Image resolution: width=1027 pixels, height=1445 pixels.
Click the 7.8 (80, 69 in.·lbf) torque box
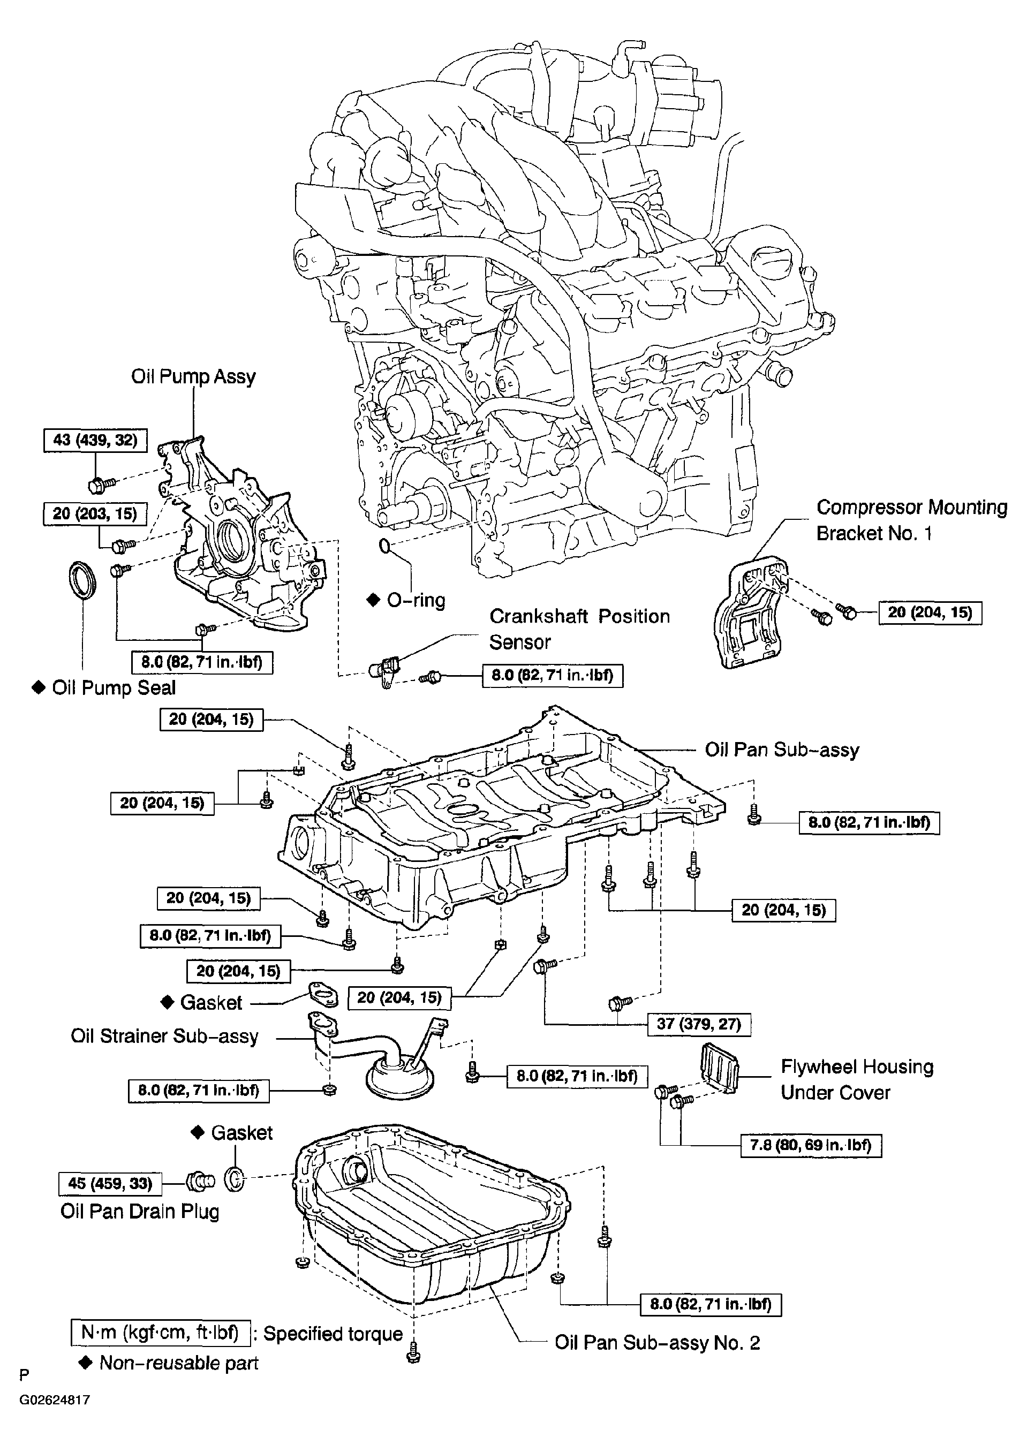click(811, 1145)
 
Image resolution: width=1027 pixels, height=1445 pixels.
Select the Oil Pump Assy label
click(193, 376)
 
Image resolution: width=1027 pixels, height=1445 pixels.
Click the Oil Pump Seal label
click(114, 688)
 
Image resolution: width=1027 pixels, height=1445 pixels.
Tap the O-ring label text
click(416, 600)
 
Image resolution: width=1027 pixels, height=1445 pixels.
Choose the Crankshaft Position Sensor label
click(579, 629)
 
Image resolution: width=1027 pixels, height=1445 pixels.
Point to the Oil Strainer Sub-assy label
click(164, 1036)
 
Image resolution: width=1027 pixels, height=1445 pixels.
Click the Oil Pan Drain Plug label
click(140, 1211)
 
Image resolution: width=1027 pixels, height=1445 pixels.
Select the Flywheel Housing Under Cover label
click(857, 1079)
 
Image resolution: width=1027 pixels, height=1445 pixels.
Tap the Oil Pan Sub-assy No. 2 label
click(657, 1343)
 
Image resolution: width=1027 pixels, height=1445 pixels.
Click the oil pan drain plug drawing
click(200, 1181)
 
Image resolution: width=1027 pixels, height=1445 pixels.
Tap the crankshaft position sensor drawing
click(384, 670)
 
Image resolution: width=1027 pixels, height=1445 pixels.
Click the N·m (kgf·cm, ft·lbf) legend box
click(161, 1333)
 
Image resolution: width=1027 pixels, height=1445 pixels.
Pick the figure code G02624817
click(55, 1400)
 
